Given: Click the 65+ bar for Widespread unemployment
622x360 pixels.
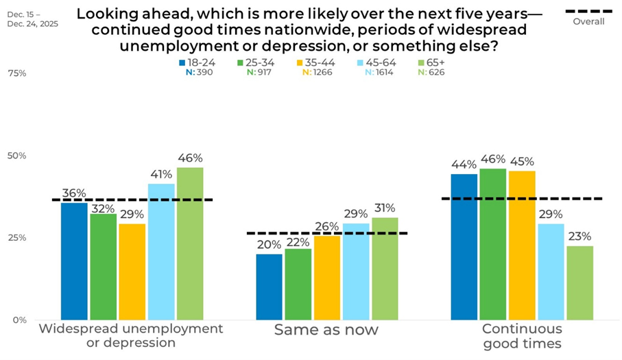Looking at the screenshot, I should (190, 243).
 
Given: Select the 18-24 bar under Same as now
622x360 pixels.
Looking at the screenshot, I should (269, 287).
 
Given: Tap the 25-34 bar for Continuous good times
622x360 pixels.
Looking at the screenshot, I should (492, 244).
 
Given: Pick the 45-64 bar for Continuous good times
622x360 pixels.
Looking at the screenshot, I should (551, 272).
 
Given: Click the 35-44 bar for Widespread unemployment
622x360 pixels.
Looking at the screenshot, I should (132, 272).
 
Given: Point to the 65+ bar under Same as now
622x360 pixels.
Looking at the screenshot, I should (385, 268).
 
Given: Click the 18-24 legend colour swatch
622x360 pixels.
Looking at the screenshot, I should (182, 62).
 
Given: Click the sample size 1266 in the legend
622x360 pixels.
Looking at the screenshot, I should (320, 72).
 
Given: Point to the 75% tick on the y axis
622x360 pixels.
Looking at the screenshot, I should (16, 73).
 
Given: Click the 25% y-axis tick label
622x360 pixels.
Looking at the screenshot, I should (16, 238).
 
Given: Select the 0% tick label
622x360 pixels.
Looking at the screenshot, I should (19, 320).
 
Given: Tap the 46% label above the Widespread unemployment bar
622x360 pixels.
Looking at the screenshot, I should (190, 158).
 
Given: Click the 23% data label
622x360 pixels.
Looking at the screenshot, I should (579, 237).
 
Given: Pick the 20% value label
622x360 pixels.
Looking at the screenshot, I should (269, 245).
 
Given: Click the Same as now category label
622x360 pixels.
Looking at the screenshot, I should (326, 330).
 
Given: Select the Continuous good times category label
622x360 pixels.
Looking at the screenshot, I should (522, 336).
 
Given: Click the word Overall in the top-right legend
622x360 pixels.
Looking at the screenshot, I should (588, 22).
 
